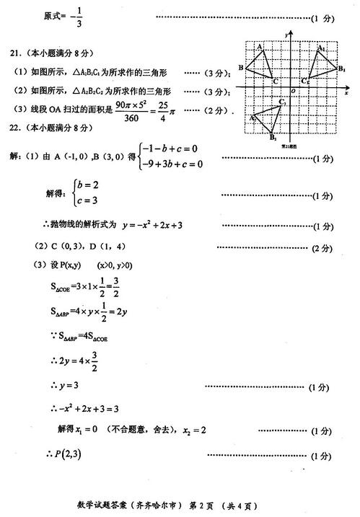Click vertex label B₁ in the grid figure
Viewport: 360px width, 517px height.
(x=341, y=69)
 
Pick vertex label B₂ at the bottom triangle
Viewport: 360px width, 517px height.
(x=273, y=137)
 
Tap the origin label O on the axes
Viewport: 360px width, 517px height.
(x=292, y=91)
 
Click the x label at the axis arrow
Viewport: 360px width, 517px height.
(x=346, y=93)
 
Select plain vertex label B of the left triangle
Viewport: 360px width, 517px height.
(x=240, y=68)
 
